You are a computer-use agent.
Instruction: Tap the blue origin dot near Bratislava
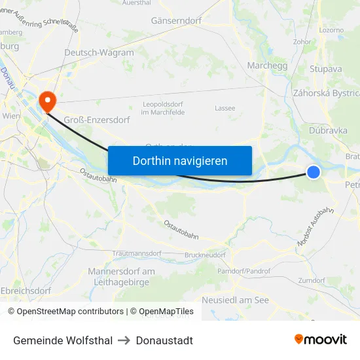pyautogui.click(x=314, y=172)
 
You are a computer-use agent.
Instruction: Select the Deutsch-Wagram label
pyautogui.click(x=99, y=53)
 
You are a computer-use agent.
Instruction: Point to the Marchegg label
pyautogui.click(x=267, y=65)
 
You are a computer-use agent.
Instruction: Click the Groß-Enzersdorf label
pyautogui.click(x=97, y=120)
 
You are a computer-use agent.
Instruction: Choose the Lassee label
pyautogui.click(x=225, y=108)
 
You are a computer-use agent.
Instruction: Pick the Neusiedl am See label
pyautogui.click(x=236, y=300)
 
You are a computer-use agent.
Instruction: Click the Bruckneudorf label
pyautogui.click(x=205, y=255)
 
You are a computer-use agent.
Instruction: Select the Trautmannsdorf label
pyautogui.click(x=137, y=253)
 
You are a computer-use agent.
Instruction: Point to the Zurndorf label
pyautogui.click(x=312, y=279)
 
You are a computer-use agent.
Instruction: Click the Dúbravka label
pyautogui.click(x=328, y=130)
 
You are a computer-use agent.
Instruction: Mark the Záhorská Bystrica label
pyautogui.click(x=327, y=93)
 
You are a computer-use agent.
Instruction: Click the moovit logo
pyautogui.click(x=320, y=339)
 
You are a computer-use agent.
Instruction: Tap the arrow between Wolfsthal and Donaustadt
pyautogui.click(x=124, y=340)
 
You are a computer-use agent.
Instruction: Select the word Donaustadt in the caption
pyautogui.click(x=164, y=340)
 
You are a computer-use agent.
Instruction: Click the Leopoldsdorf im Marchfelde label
pyautogui.click(x=163, y=108)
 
